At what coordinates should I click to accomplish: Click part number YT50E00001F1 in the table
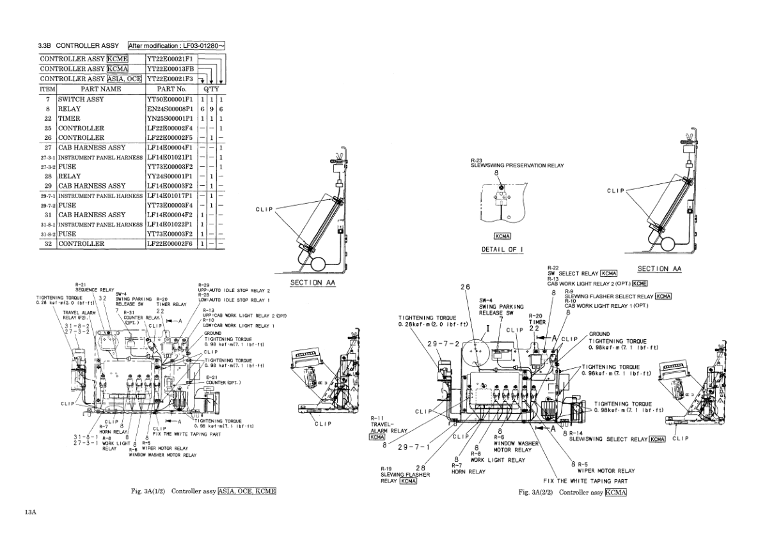(171, 100)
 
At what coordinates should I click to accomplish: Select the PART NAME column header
(100, 89)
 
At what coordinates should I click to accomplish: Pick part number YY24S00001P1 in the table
(171, 176)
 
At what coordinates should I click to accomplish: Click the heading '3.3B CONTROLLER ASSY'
(78, 46)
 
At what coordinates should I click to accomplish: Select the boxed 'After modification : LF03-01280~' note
(177, 46)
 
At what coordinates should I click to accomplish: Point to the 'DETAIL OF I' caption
(503, 249)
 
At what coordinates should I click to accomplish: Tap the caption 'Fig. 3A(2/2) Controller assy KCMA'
(572, 492)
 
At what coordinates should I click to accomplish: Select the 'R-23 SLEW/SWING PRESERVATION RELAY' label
(517, 163)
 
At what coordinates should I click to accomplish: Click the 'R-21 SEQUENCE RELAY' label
(94, 286)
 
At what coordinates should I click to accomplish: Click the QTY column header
(210, 89)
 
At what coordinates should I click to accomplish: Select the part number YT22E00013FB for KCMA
(171, 69)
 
